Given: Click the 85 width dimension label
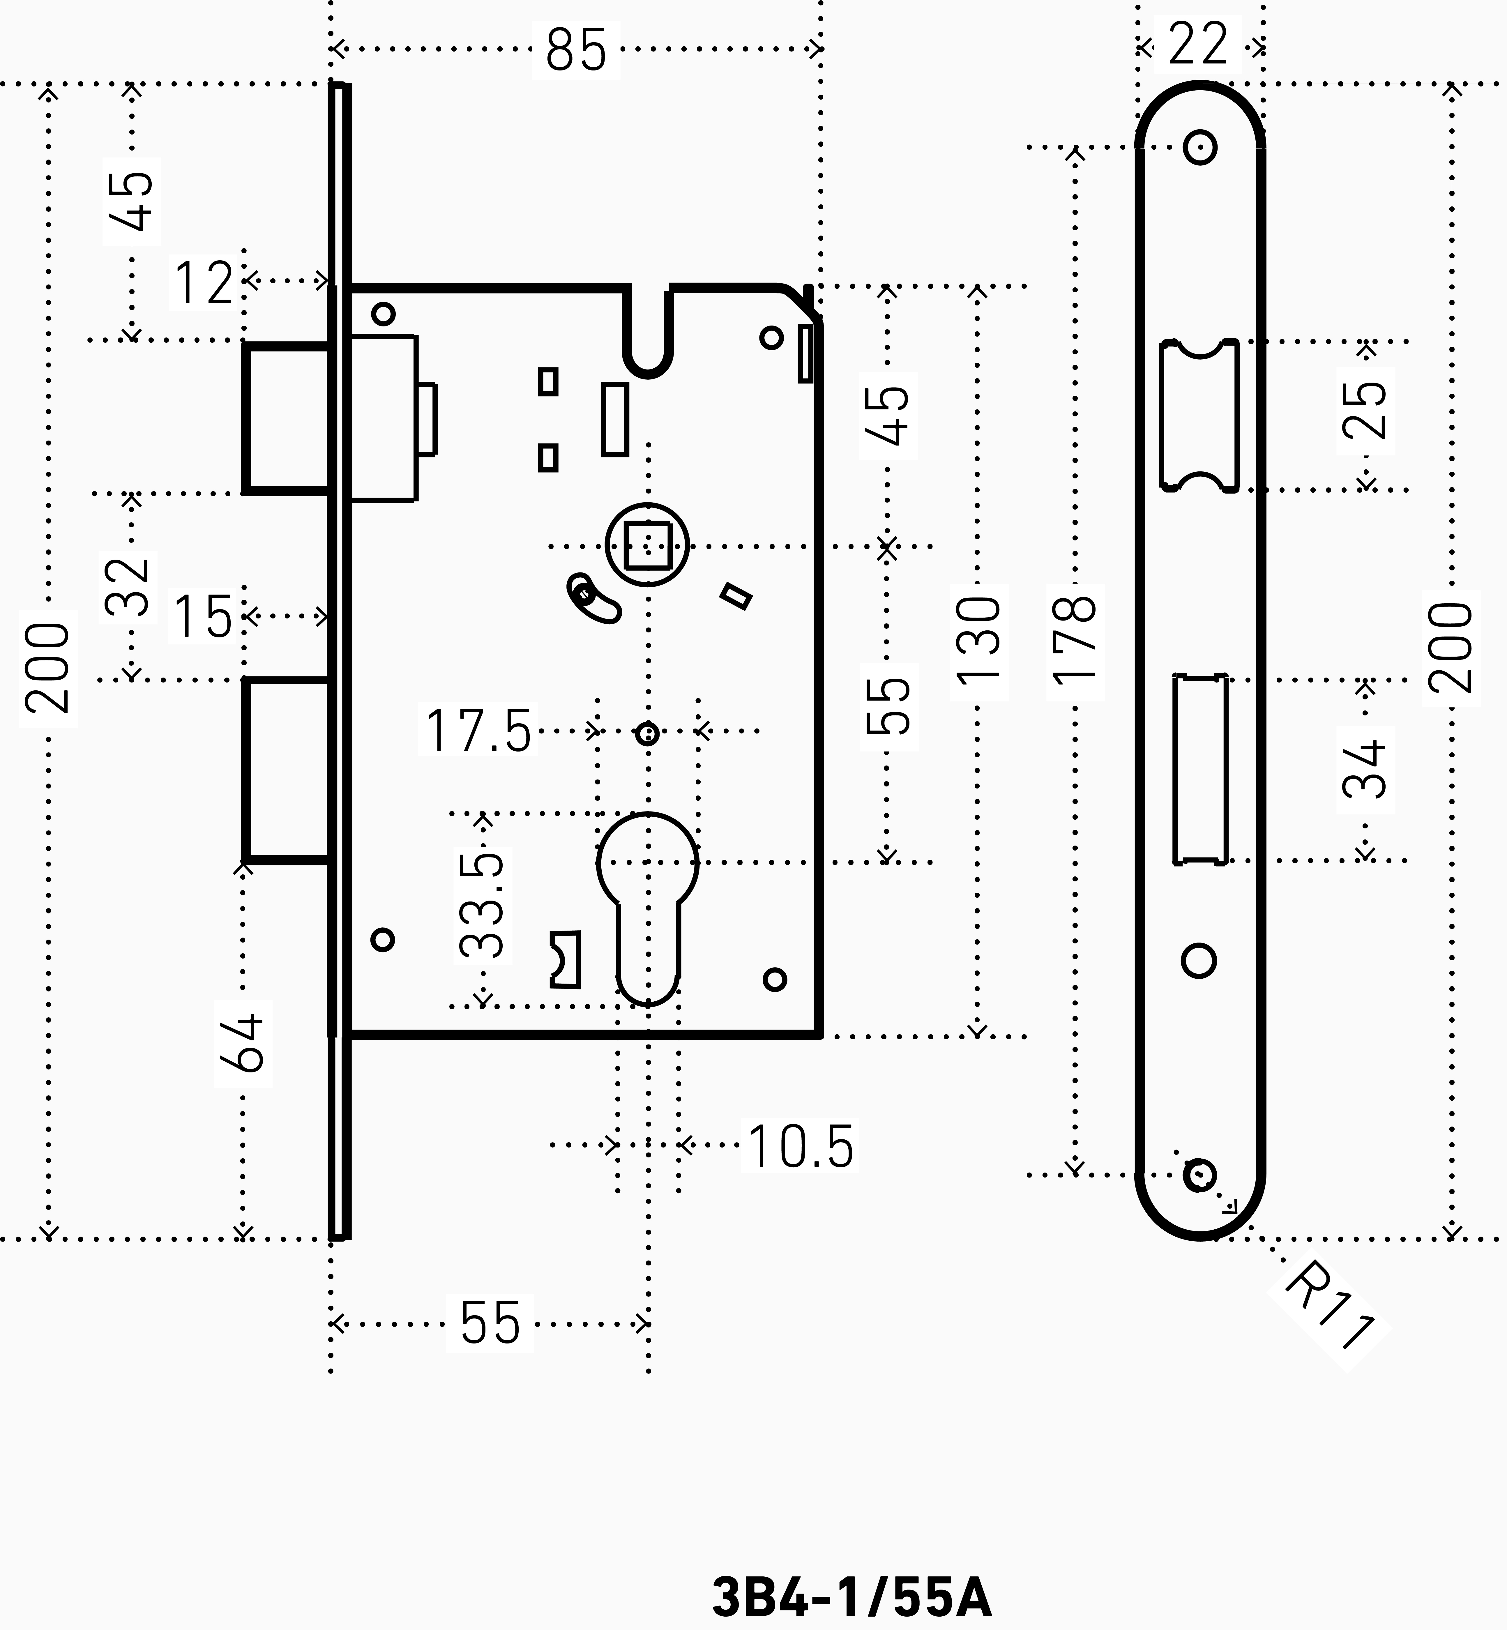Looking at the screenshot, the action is click(576, 50).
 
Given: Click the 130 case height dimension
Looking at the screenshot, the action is click(978, 641).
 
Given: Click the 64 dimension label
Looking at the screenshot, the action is click(242, 1043).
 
